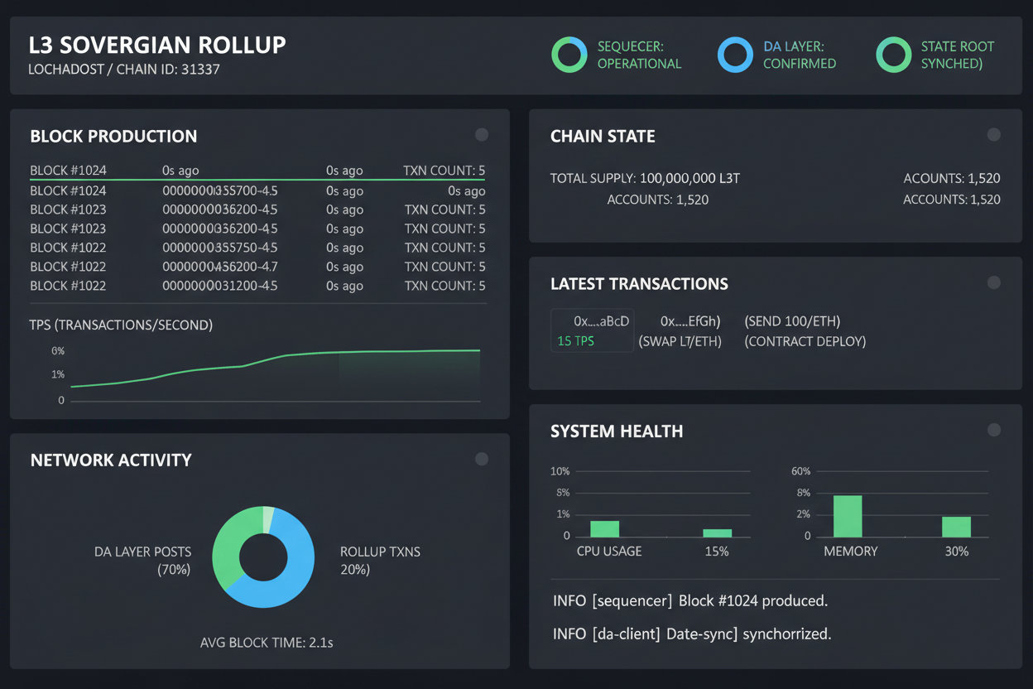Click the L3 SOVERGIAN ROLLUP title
click(157, 45)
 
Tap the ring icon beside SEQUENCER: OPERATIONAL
click(569, 55)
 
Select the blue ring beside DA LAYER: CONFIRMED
click(735, 55)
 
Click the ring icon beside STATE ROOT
click(893, 55)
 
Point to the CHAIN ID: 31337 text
click(168, 70)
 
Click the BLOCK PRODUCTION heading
click(113, 137)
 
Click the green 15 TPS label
click(576, 341)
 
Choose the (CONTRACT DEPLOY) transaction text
click(805, 341)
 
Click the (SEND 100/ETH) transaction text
click(792, 321)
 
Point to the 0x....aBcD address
click(602, 321)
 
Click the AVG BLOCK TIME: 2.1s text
click(267, 643)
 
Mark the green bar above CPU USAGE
click(604, 528)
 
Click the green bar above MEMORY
click(848, 516)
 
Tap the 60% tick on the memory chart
click(801, 471)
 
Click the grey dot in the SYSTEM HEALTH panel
click(994, 430)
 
